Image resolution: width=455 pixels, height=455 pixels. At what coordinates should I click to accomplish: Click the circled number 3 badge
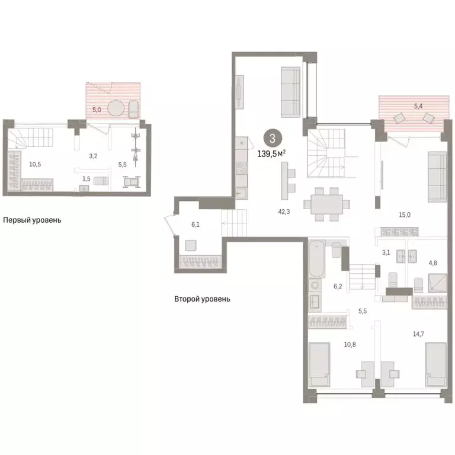pyautogui.click(x=272, y=139)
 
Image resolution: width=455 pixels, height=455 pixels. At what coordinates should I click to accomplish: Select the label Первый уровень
pyautogui.click(x=32, y=220)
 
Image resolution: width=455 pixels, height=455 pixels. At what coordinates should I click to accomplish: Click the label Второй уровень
pyautogui.click(x=202, y=299)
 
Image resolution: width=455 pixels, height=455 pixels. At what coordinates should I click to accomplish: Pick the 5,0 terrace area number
pyautogui.click(x=97, y=110)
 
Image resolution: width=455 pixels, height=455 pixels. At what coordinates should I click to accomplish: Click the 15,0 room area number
pyautogui.click(x=405, y=216)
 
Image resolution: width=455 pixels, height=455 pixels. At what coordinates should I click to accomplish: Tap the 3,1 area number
pyautogui.click(x=386, y=252)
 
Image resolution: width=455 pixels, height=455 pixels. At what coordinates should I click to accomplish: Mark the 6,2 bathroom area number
pyautogui.click(x=338, y=286)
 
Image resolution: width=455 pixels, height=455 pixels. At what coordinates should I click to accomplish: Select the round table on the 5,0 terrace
pyautogui.click(x=117, y=109)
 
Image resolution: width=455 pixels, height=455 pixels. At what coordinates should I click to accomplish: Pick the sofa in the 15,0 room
pyautogui.click(x=437, y=176)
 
